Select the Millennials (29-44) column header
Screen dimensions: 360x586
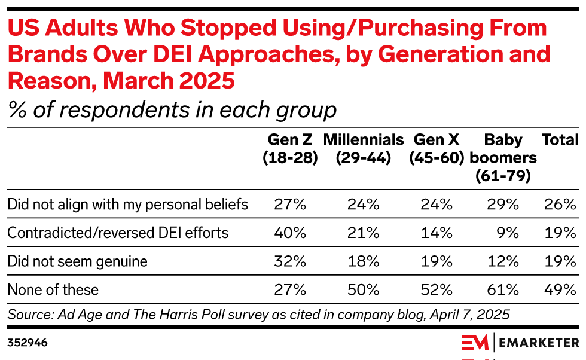(x=364, y=149)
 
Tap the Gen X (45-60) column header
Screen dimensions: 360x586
(x=437, y=149)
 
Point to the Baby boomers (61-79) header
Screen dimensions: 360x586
(x=503, y=158)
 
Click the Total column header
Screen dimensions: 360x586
(x=560, y=140)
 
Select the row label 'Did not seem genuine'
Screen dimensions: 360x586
(x=77, y=261)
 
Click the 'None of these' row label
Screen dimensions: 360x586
(x=53, y=290)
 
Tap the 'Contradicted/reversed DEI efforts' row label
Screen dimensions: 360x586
(x=118, y=233)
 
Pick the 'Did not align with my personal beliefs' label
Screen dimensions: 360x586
(x=127, y=204)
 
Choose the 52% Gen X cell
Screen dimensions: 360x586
(x=437, y=290)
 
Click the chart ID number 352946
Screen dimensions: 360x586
(x=28, y=343)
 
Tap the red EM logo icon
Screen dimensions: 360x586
(x=476, y=343)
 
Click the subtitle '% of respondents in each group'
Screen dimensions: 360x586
(x=172, y=110)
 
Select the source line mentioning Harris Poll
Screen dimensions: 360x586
(x=258, y=314)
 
